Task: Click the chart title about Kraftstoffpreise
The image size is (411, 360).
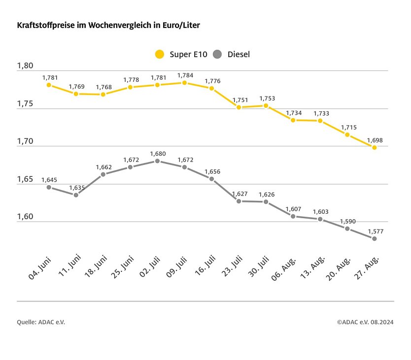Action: (108, 24)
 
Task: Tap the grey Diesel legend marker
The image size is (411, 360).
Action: (218, 54)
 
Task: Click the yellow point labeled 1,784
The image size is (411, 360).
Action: (184, 83)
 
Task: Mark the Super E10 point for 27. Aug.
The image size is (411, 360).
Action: (375, 147)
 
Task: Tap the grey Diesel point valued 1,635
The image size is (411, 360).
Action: (76, 195)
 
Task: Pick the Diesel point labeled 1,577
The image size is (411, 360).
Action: (375, 239)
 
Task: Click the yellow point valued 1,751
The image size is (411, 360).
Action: (239, 107)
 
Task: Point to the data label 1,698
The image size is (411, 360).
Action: (375, 140)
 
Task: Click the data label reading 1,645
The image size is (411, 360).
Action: (49, 180)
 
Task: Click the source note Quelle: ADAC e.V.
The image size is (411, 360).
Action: (41, 322)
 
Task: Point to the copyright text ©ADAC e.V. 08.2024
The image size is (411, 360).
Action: (365, 322)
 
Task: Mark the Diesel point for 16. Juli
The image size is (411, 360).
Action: (212, 179)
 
